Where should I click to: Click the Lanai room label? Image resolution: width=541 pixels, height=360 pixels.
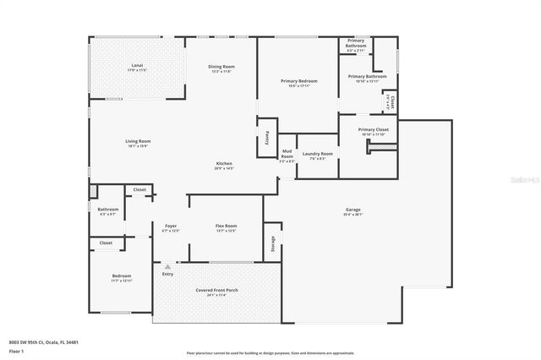click(x=136, y=65)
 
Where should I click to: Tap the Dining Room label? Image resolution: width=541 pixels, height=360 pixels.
click(x=221, y=67)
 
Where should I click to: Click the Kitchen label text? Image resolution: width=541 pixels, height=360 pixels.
click(x=224, y=164)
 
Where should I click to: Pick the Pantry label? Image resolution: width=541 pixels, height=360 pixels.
click(x=266, y=135)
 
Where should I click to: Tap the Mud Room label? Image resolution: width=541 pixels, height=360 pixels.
click(x=287, y=155)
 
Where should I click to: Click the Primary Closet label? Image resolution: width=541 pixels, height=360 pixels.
click(x=373, y=130)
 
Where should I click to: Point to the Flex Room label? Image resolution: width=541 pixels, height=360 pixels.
click(x=225, y=226)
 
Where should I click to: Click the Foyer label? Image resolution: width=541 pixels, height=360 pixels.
click(x=170, y=226)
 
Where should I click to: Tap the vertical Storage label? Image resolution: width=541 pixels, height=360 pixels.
click(x=273, y=244)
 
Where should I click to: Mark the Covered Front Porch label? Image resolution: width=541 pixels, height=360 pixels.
click(x=216, y=290)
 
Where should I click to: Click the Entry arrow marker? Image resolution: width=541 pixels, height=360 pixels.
click(x=167, y=266)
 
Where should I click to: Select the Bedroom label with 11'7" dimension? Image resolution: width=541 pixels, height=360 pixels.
click(x=122, y=276)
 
